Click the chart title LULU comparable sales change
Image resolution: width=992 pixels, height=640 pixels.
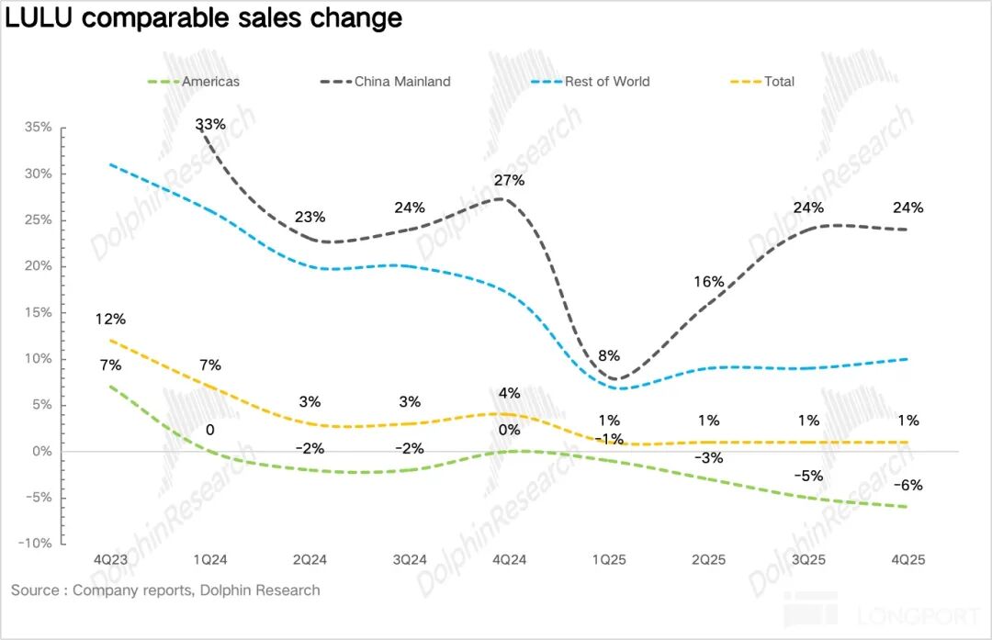pos(204,17)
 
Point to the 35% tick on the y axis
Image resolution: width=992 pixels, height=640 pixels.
pos(38,128)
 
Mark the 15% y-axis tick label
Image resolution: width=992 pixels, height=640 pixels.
pos(38,312)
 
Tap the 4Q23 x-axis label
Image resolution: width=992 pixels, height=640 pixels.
pos(111,559)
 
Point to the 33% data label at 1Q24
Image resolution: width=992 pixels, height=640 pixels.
pos(209,124)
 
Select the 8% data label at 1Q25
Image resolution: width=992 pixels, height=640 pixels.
pos(609,355)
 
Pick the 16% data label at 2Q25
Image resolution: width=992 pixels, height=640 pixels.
pos(709,282)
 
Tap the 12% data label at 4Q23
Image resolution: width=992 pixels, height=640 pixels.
pos(110,320)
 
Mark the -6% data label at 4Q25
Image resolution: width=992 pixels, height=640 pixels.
pos(908,486)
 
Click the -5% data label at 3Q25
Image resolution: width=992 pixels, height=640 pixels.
pos(808,476)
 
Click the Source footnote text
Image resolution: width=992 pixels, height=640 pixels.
pos(165,590)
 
